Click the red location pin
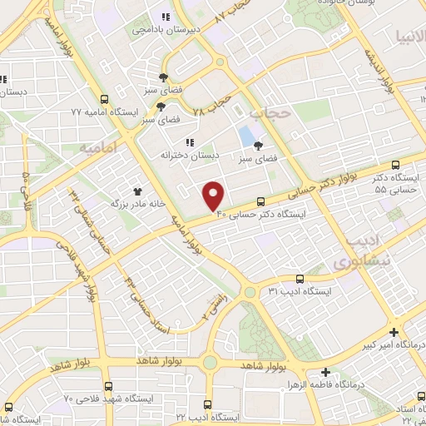(214, 195)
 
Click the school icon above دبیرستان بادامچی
(166, 16)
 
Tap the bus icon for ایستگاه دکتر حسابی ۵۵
(394, 164)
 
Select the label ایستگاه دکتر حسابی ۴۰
(262, 214)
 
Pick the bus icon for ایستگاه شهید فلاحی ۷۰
(108, 388)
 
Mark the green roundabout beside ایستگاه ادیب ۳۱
(250, 292)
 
